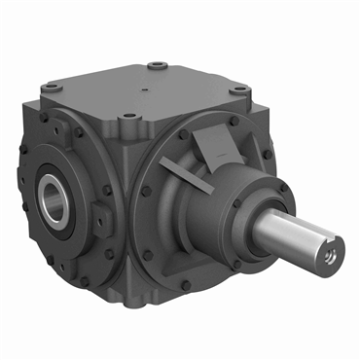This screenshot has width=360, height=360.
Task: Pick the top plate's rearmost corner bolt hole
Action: [155, 68]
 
